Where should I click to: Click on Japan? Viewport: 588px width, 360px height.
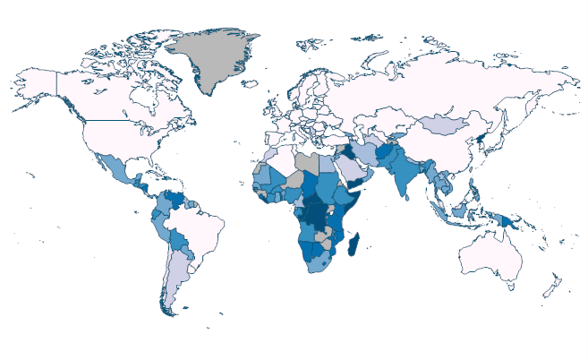pos(507,144)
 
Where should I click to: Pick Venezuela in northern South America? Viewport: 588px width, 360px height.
pos(171,197)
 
